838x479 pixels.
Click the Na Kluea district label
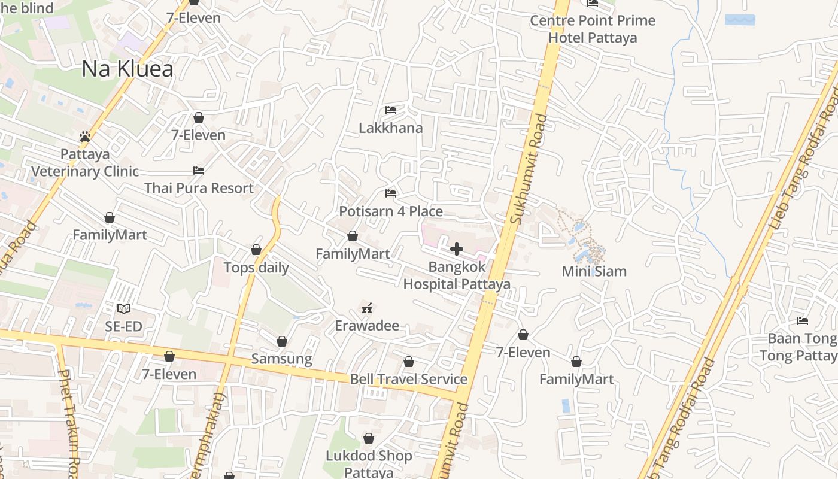tap(127, 69)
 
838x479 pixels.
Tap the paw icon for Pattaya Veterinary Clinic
tap(85, 137)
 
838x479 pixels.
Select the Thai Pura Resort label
tap(199, 188)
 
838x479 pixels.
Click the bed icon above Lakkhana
tap(391, 110)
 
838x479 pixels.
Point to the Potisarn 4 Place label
tap(391, 211)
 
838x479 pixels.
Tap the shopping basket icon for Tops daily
tap(256, 250)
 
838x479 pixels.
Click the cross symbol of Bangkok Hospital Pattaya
tap(457, 249)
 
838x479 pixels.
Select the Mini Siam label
tap(594, 271)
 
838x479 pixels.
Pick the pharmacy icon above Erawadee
tap(367, 308)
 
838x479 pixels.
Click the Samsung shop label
tap(281, 359)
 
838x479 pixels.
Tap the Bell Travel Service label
tap(408, 379)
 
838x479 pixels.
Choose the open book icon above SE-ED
tap(124, 309)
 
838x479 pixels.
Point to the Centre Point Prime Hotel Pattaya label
tap(593, 29)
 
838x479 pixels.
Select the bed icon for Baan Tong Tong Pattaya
tap(803, 321)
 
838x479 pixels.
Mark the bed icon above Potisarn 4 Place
tap(391, 193)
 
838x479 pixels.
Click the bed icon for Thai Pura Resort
tap(199, 171)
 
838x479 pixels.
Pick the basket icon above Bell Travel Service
tap(408, 362)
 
